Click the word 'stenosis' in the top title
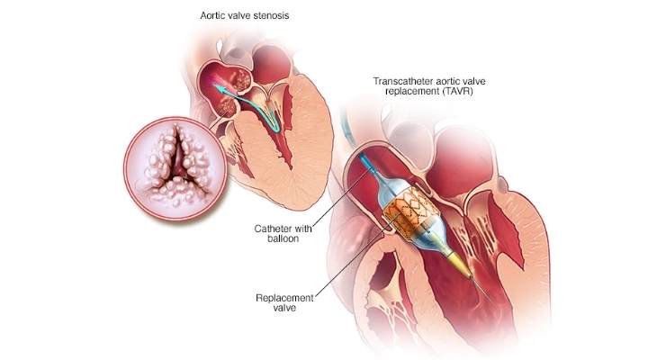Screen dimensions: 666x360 [x=273, y=15]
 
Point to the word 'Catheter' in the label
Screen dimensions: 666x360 [x=273, y=229]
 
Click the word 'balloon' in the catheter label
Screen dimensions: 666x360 [x=283, y=239]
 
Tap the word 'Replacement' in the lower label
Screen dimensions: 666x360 [x=284, y=298]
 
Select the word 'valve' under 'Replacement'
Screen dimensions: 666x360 [x=284, y=308]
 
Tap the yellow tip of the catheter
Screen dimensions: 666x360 [x=459, y=264]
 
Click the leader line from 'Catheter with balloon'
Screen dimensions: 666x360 [x=344, y=196]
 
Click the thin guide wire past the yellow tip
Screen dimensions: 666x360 [x=482, y=292]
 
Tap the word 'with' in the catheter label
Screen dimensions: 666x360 [x=302, y=229]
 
